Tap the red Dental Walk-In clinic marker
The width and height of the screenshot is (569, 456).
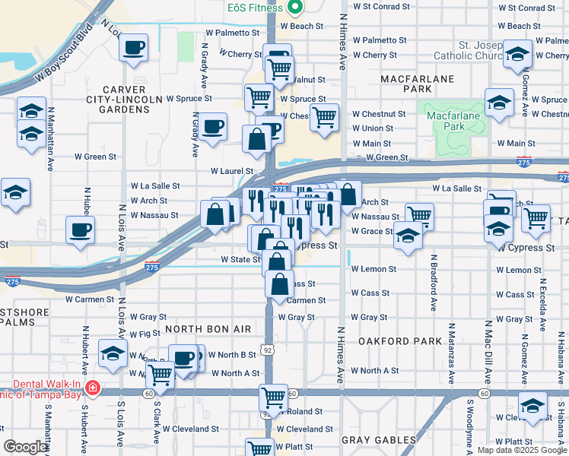pos(93,388)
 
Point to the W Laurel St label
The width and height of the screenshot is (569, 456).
pos(231,171)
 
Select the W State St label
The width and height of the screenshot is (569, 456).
pos(240,259)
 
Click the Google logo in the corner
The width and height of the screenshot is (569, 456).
pos(25,447)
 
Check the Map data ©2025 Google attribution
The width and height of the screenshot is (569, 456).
pos(521,450)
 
